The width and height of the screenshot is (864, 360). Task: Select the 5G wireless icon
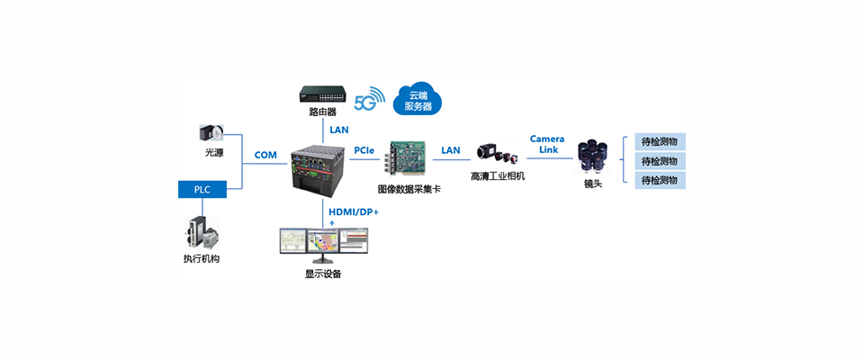(369, 100)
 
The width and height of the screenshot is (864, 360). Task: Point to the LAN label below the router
(338, 130)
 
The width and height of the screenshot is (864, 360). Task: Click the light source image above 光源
(212, 133)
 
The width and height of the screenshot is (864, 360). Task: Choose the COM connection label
(265, 155)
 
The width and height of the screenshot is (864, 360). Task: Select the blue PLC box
(202, 189)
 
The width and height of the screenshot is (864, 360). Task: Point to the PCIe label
(364, 149)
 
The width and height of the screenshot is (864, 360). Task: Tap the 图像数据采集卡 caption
(409, 190)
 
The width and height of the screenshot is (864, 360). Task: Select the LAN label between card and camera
(451, 149)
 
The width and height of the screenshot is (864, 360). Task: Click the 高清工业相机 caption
(497, 176)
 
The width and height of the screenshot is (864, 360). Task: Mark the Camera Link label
(546, 144)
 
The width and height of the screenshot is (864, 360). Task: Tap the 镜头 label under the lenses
(593, 184)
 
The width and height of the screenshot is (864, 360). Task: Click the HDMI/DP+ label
(354, 211)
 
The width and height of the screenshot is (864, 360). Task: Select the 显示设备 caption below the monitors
(323, 274)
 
